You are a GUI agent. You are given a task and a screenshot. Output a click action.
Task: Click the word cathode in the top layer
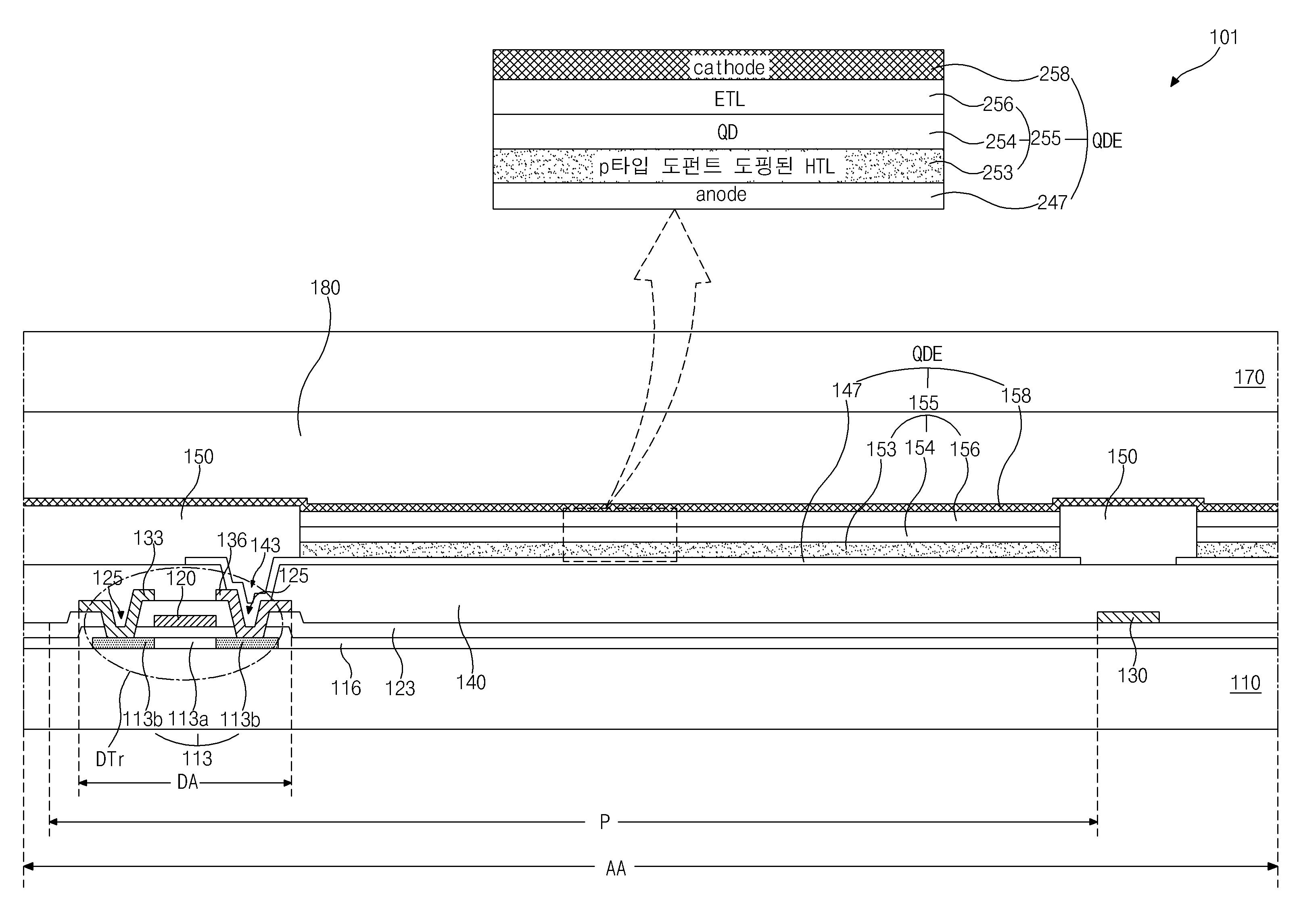729,67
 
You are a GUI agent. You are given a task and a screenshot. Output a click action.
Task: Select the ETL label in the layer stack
729,99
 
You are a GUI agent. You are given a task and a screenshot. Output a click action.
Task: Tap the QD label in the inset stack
728,132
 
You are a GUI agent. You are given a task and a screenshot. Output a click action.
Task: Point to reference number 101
1224,37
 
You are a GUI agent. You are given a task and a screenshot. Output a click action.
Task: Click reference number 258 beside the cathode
1054,74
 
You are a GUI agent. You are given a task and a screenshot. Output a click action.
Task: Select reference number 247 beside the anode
1053,202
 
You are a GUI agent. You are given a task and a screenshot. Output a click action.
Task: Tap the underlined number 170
1249,377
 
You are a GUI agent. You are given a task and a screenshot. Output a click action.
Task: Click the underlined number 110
1245,683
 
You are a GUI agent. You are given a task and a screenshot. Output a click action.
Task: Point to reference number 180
325,288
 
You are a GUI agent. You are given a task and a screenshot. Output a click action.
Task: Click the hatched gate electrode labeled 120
185,621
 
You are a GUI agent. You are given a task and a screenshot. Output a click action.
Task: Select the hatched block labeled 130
1128,617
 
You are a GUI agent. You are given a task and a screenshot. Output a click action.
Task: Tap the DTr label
110,759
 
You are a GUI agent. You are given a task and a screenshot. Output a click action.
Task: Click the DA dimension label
188,782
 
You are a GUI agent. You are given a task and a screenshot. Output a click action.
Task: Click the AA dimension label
616,868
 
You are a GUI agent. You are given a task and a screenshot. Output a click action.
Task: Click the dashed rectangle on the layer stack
620,535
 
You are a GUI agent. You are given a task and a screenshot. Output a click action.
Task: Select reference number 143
265,545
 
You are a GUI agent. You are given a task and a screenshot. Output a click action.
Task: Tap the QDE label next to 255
1107,140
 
